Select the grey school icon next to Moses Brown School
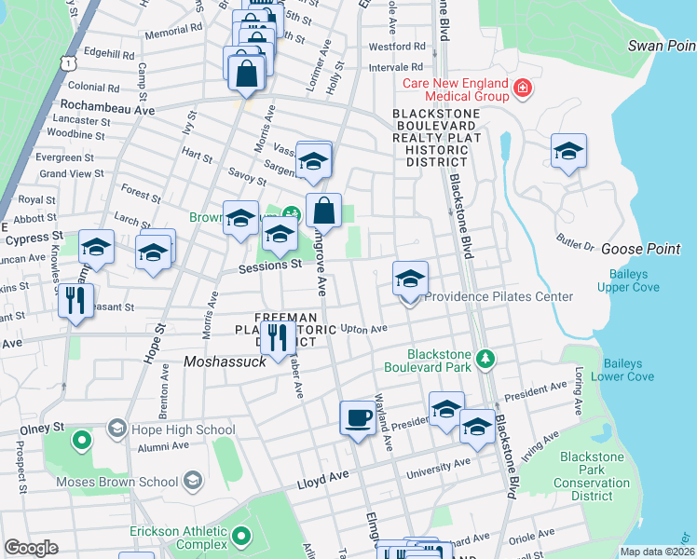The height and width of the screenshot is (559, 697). [x=193, y=481]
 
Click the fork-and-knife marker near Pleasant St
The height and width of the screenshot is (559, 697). [x=75, y=301]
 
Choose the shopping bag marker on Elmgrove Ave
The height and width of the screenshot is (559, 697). [x=323, y=211]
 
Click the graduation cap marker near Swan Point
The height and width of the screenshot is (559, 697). [x=567, y=151]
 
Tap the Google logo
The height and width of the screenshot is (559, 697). [x=31, y=548]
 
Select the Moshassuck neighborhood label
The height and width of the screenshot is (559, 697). [x=225, y=361]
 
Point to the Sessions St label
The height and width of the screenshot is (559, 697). [x=271, y=265]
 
